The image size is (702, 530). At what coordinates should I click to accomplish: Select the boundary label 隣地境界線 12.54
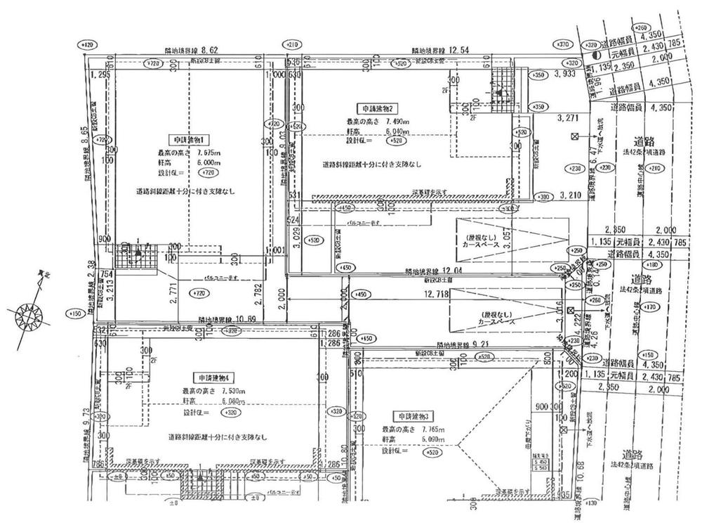(x=439, y=51)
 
